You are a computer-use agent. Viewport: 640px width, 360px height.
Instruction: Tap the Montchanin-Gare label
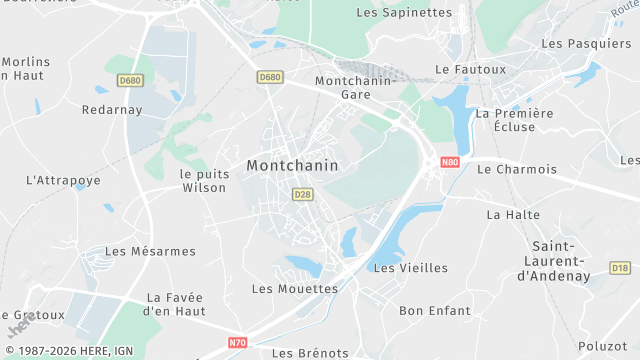coord(343,87)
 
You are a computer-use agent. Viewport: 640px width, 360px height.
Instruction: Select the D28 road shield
coord(303,194)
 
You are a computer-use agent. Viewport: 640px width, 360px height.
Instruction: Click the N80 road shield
coord(450,162)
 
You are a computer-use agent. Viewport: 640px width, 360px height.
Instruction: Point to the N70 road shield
coord(237,342)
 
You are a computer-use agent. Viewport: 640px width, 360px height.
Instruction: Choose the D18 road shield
coord(620,268)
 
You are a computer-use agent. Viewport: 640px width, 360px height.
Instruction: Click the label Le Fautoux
coord(471,70)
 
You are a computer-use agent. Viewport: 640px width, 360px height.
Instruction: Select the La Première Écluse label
coord(514,120)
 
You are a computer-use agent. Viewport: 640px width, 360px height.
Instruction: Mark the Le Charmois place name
coord(517,169)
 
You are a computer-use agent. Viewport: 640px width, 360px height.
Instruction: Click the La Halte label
coord(513,214)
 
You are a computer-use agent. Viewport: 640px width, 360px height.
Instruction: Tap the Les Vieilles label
coord(410,268)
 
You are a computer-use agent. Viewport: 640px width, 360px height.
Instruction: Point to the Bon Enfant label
coord(434,311)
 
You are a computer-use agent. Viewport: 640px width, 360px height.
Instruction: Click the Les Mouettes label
coord(295,289)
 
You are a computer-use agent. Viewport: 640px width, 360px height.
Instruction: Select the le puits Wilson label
coord(204,180)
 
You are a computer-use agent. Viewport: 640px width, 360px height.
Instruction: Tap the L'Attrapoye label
coord(63,181)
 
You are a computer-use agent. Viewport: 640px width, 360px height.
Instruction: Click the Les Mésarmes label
coord(150,252)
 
